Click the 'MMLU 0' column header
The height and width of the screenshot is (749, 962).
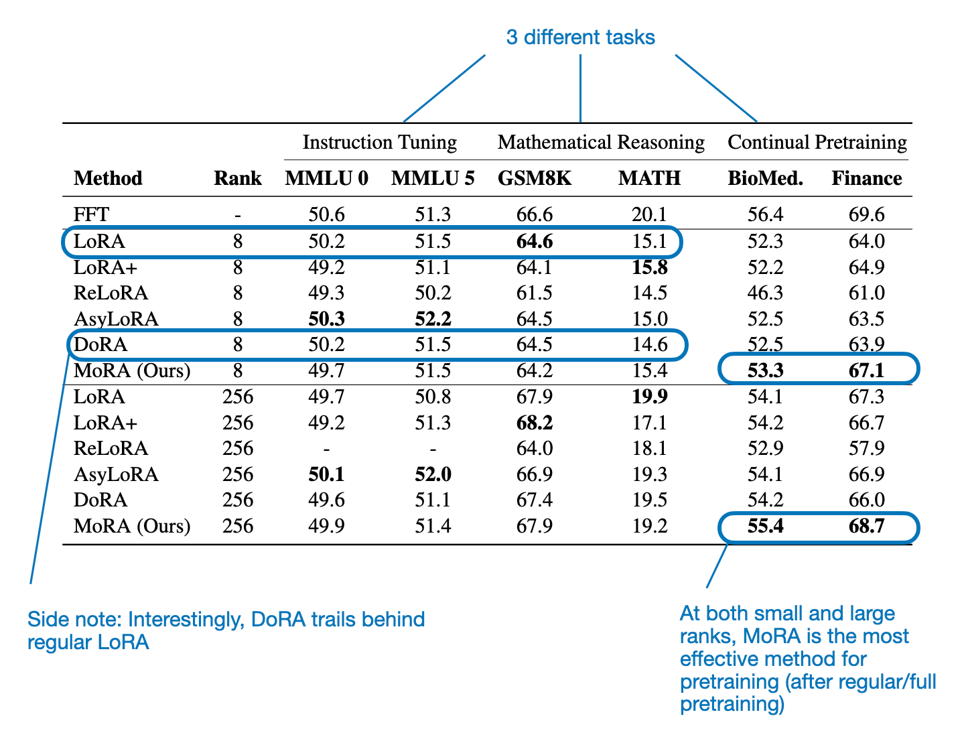(x=326, y=178)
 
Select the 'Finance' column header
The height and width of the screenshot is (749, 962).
(x=866, y=178)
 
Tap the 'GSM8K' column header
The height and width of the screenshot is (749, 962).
(x=534, y=178)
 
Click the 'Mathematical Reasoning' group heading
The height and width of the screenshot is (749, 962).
(x=601, y=142)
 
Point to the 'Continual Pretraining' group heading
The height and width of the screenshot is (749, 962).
(x=817, y=142)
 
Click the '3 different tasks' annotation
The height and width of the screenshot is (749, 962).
(x=580, y=37)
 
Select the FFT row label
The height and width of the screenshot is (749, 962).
(x=91, y=214)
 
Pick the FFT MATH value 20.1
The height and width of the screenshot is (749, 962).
(x=649, y=214)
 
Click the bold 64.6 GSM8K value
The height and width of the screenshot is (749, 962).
(x=534, y=241)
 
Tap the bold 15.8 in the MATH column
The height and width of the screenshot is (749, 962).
(x=649, y=267)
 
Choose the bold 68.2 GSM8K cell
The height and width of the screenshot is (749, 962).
(x=534, y=423)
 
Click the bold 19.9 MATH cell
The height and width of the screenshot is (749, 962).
(x=649, y=397)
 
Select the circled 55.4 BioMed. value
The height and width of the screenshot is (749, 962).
(x=765, y=526)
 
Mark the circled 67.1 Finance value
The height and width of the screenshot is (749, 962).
(x=866, y=370)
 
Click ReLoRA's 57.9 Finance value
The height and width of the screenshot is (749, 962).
(x=866, y=448)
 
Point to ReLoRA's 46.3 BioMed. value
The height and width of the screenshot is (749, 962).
(x=765, y=293)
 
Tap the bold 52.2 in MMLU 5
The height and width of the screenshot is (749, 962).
(x=433, y=319)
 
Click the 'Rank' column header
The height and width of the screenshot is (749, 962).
(x=238, y=178)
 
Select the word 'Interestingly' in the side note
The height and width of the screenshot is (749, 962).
(x=186, y=619)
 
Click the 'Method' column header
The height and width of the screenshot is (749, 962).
(x=108, y=178)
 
